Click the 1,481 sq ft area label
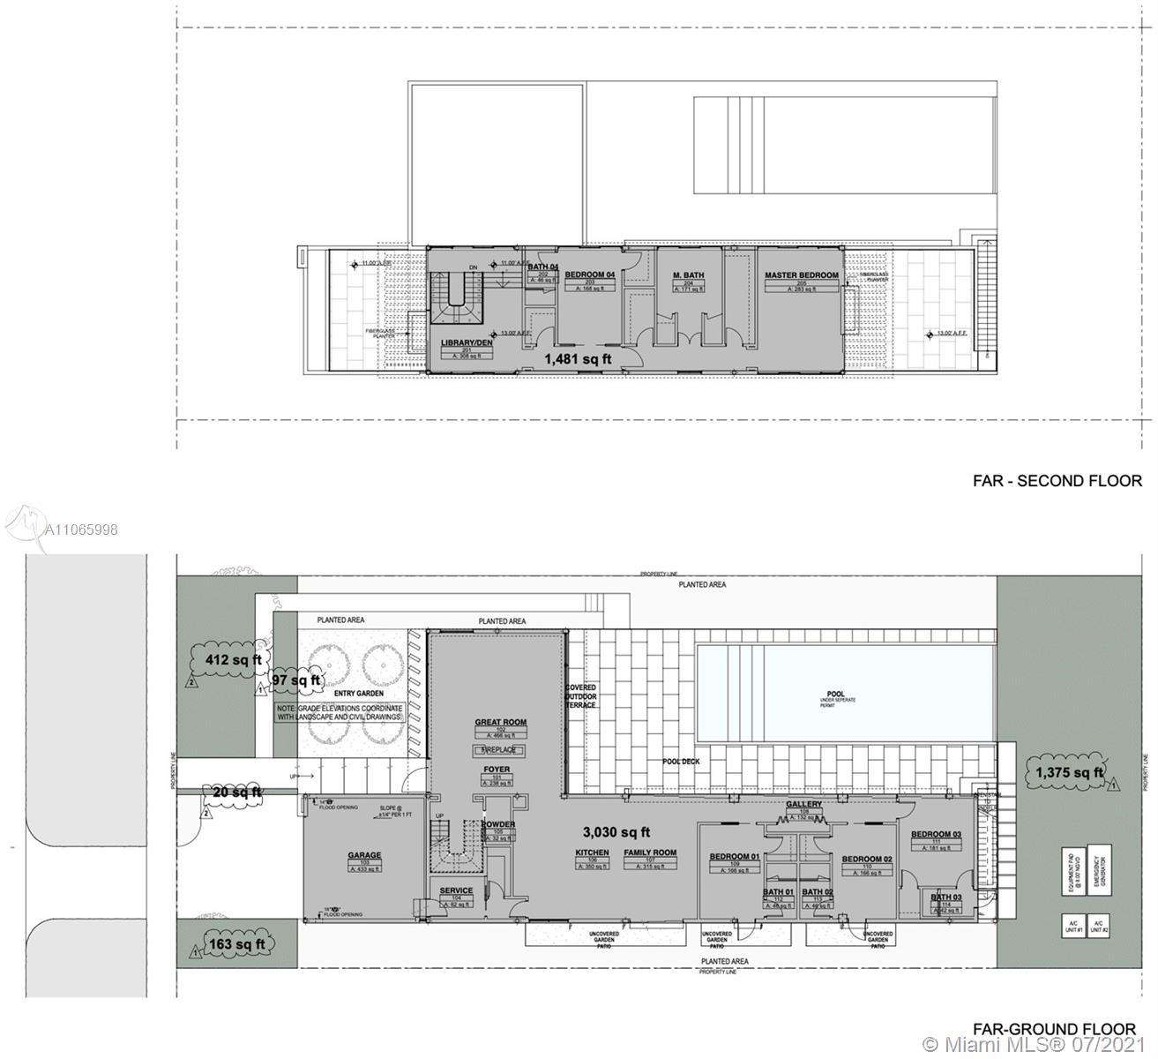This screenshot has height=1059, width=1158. click(578, 359)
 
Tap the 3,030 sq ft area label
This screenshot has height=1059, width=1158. click(616, 831)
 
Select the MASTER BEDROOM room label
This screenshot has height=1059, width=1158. click(802, 275)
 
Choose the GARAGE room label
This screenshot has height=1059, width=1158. click(364, 855)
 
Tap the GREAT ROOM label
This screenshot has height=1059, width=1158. click(500, 722)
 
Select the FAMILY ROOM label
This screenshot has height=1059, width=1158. click(650, 852)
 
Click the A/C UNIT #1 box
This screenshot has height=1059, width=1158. click(1073, 927)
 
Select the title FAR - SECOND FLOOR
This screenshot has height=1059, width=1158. click(1057, 481)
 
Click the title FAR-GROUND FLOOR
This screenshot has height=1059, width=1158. click(1054, 1029)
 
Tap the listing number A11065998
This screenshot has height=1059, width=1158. click(81, 529)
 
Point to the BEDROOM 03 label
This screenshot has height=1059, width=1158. click(936, 834)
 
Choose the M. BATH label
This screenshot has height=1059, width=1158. click(689, 275)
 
